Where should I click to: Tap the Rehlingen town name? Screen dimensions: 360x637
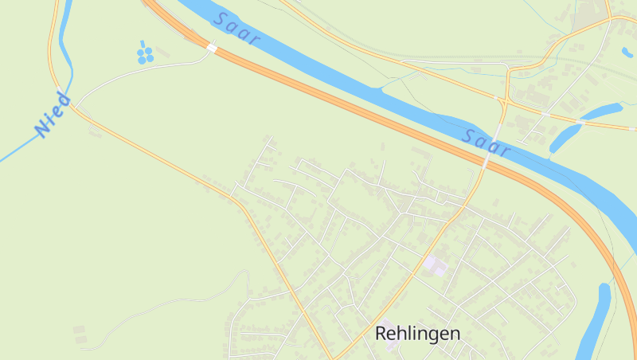(x=417, y=333)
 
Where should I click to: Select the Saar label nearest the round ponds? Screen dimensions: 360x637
(x=237, y=30)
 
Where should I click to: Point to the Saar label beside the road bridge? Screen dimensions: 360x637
(x=486, y=143)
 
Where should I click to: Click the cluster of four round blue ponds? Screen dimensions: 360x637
(x=145, y=55)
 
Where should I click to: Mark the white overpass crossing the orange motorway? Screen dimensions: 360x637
(x=211, y=48)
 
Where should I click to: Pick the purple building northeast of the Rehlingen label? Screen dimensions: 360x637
(x=436, y=264)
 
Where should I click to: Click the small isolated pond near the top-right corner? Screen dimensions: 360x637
(x=627, y=53)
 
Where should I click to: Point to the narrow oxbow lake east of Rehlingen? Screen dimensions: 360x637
(x=596, y=319)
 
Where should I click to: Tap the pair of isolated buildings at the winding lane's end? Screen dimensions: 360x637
(x=80, y=335)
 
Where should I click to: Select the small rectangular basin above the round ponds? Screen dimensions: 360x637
(x=143, y=43)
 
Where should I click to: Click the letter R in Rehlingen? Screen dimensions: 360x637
(x=381, y=334)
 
